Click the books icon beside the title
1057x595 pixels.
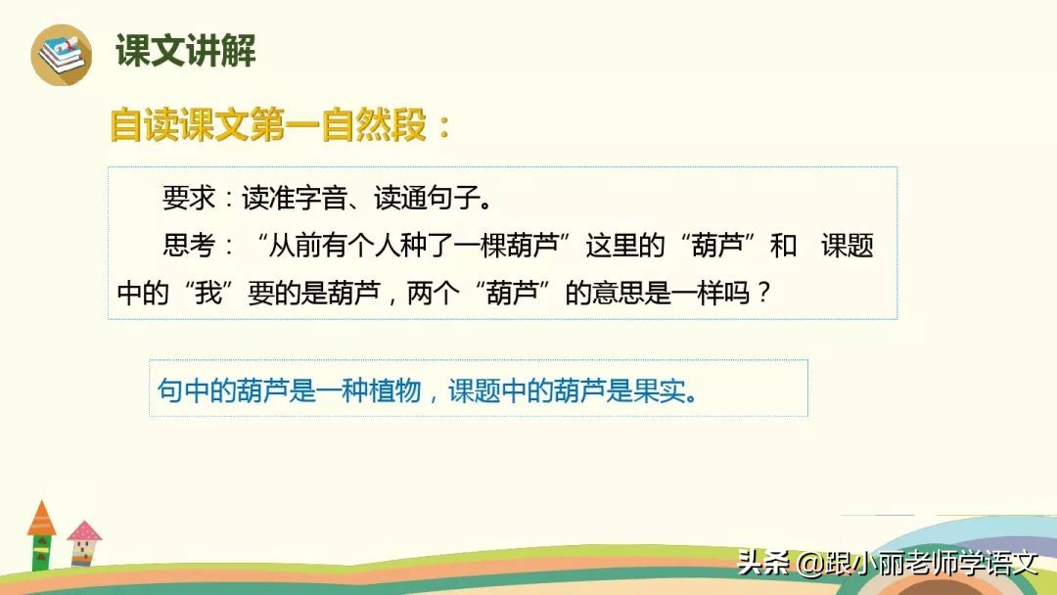click(x=61, y=54)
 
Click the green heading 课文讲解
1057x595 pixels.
click(x=186, y=51)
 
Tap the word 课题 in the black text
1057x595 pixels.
click(x=847, y=246)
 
